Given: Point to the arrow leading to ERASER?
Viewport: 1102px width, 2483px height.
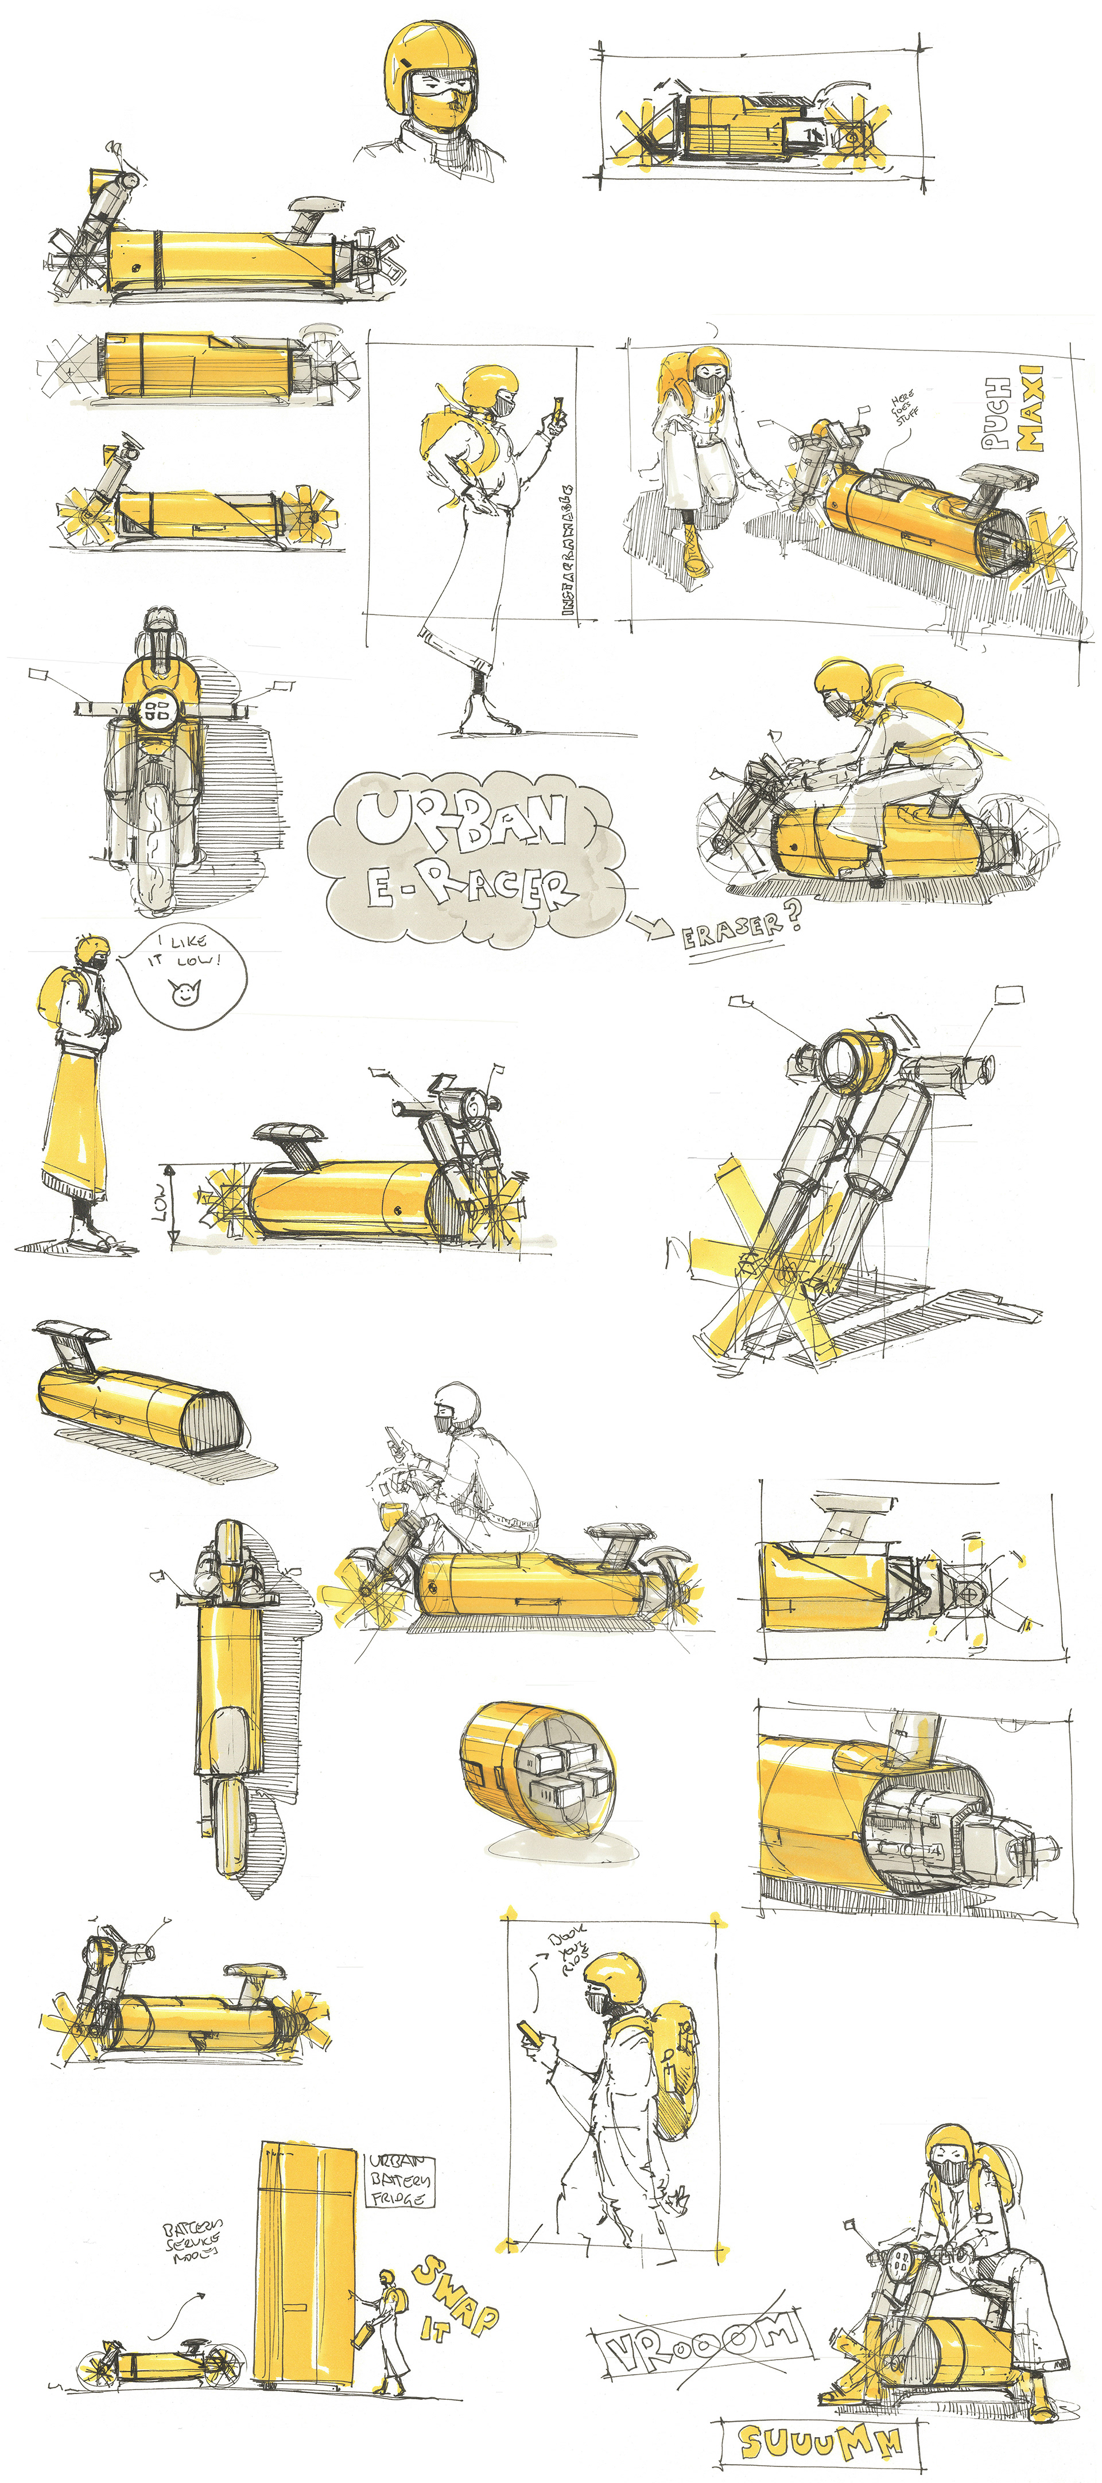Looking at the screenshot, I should pyautogui.click(x=649, y=925).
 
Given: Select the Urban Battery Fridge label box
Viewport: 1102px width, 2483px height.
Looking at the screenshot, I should pyautogui.click(x=400, y=2180).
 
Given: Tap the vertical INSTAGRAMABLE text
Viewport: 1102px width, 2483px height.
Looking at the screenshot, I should pyautogui.click(x=567, y=550).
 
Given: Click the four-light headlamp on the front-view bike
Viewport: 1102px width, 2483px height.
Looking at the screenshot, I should pyautogui.click(x=157, y=713).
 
